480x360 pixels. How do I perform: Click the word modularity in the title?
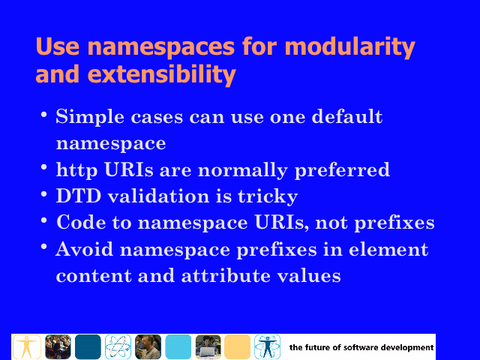[x=349, y=47]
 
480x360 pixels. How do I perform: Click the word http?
[x=76, y=170]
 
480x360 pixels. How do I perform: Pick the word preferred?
[x=342, y=170]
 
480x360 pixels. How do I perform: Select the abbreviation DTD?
[x=79, y=196]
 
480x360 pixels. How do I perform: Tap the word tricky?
[x=268, y=196]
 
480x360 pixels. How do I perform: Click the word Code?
[x=81, y=222]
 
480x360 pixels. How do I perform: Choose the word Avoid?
[x=84, y=249]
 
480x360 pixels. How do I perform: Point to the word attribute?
[x=226, y=275]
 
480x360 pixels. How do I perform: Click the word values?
[x=309, y=275]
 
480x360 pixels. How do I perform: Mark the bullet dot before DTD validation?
[x=43, y=193]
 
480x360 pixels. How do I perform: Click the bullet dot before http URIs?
[x=43, y=167]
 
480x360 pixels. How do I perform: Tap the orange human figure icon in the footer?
[x=27, y=346]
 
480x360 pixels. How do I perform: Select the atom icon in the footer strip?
[x=118, y=346]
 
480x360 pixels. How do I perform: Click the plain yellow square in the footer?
[x=237, y=346]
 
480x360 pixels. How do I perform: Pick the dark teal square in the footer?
[x=88, y=346]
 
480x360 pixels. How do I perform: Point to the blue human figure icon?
[x=267, y=346]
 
